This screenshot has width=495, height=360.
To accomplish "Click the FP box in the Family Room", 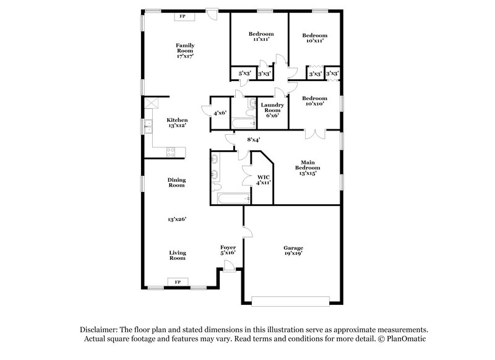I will [x=182, y=17].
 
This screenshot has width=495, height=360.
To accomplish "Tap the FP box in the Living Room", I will [x=178, y=282].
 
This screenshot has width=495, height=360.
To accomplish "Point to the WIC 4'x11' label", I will [x=264, y=180].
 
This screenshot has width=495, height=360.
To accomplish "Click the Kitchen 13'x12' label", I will [x=177, y=122].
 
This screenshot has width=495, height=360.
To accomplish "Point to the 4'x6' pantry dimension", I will [x=220, y=113].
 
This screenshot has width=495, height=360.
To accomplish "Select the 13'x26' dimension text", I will [x=177, y=219].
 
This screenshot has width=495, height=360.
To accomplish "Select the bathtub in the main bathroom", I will [x=233, y=199].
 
